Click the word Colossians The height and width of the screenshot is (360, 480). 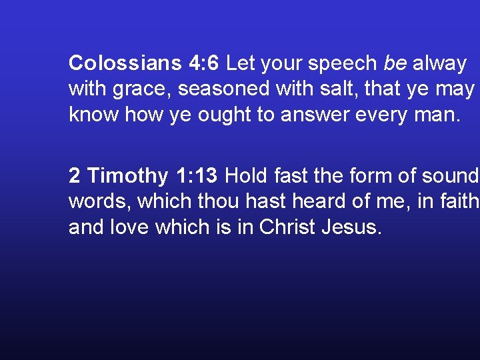[x=125, y=64]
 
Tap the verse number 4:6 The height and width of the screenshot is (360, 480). [x=204, y=64]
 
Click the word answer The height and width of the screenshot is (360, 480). [x=313, y=115]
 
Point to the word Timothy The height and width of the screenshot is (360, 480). [x=128, y=177]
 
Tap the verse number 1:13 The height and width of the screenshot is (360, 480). [x=197, y=176]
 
